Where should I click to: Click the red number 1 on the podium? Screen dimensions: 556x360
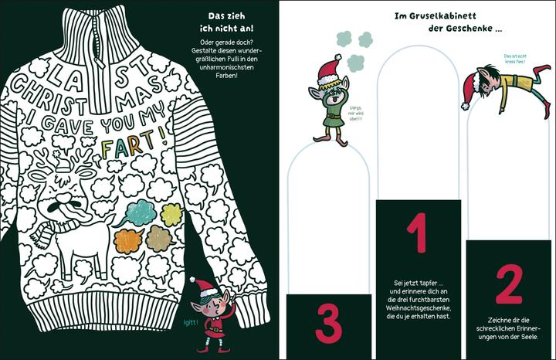pyautogui.click(x=418, y=233)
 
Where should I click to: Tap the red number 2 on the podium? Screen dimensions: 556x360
pyautogui.click(x=509, y=285)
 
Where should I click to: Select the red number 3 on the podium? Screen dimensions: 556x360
pyautogui.click(x=329, y=324)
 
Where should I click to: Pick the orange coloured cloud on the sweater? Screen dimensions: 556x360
pyautogui.click(x=128, y=240)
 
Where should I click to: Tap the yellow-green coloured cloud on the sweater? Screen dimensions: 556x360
pyautogui.click(x=171, y=215)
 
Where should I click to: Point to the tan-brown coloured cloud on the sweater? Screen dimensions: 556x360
pyautogui.click(x=161, y=239)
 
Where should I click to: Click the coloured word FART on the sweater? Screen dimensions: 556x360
pyautogui.click(x=128, y=144)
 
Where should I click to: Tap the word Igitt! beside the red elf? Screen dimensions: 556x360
pyautogui.click(x=191, y=322)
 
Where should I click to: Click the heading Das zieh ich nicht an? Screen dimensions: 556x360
pyautogui.click(x=226, y=22)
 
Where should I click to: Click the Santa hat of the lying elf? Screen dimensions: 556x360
pyautogui.click(x=472, y=90)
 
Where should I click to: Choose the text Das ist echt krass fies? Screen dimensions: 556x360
pyautogui.click(x=515, y=59)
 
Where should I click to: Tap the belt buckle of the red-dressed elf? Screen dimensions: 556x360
pyautogui.click(x=213, y=330)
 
